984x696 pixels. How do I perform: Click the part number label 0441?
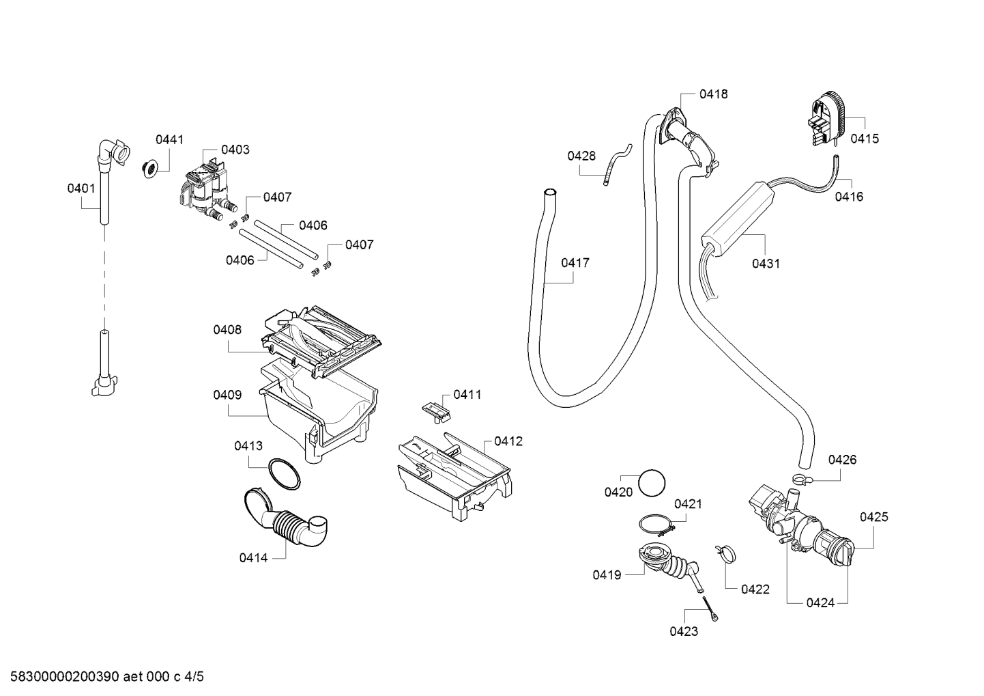169,140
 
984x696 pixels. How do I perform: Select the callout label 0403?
235,150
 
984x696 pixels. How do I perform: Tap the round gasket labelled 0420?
652,483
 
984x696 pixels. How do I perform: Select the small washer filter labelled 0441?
150,169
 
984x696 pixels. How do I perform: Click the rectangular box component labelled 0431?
737,220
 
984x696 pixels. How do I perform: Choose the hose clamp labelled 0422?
725,553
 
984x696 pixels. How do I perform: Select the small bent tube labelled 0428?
618,164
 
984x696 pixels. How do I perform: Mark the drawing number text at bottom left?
107,677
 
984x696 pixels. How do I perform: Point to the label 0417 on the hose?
575,263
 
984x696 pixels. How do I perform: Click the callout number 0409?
227,395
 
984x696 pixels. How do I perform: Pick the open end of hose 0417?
550,192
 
